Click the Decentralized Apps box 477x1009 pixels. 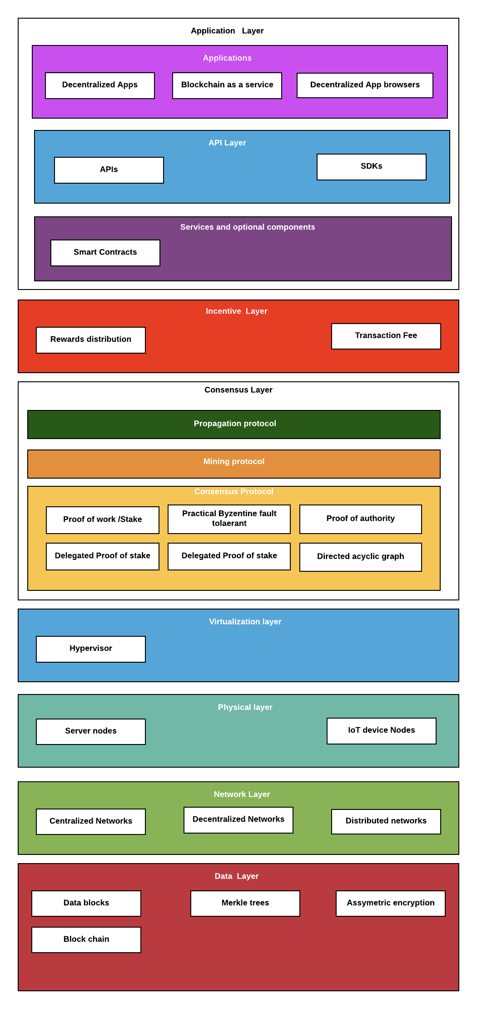[100, 85]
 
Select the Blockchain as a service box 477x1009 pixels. [227, 85]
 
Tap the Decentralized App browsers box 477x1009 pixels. [365, 85]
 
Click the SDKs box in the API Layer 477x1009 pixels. [371, 167]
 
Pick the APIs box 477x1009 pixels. [109, 170]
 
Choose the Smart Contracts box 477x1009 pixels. [105, 253]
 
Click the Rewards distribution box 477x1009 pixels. [91, 340]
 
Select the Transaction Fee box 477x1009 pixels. [386, 336]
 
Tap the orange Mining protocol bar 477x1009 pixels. [234, 464]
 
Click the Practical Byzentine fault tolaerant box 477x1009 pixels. [229, 519]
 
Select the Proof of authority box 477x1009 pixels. [360, 519]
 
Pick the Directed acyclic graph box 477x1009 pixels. [360, 557]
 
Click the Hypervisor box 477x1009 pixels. [91, 649]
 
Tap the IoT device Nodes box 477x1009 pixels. [381, 731]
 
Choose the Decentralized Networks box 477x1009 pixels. [238, 820]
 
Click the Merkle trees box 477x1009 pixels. [245, 903]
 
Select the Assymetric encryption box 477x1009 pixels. [390, 903]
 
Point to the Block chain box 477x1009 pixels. [86, 939]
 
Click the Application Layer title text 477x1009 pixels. [227, 31]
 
